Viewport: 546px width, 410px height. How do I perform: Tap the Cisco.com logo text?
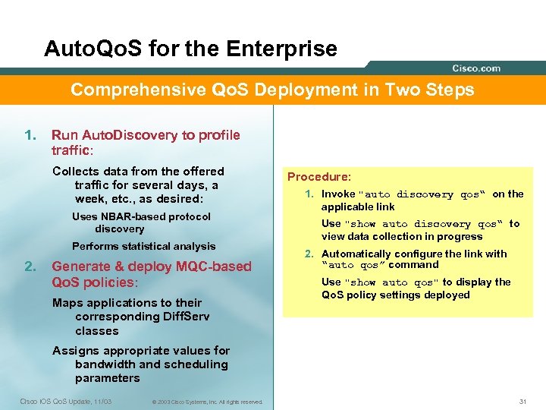coord(476,68)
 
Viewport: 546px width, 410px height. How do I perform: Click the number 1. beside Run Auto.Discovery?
coord(30,135)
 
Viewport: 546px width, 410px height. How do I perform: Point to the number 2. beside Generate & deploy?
coord(30,266)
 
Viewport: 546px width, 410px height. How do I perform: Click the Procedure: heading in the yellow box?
coord(318,177)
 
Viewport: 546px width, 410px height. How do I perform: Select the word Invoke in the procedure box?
coord(337,194)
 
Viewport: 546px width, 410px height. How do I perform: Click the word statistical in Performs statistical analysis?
coord(149,246)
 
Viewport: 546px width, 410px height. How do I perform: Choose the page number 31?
coord(522,401)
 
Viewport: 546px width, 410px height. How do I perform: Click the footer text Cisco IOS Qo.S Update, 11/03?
coord(65,401)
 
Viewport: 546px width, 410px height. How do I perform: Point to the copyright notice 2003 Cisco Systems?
coord(206,402)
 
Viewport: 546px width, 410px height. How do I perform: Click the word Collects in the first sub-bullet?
coord(75,172)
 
